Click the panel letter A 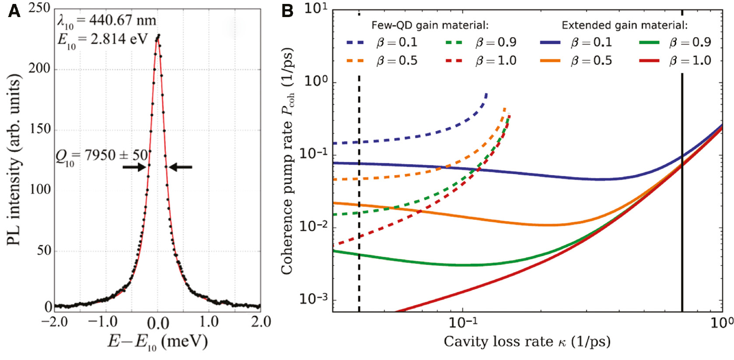14,11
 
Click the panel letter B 287,11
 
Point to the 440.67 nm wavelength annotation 107,21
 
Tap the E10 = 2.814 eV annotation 103,40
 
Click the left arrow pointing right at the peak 134,167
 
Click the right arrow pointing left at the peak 180,167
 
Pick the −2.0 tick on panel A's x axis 54,322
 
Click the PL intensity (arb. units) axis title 14,160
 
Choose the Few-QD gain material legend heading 430,25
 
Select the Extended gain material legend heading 625,25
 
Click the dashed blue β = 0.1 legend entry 381,42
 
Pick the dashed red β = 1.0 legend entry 481,60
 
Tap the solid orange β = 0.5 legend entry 576,60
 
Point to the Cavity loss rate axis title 527,342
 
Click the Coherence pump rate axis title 287,161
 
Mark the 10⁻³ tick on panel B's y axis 313,299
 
